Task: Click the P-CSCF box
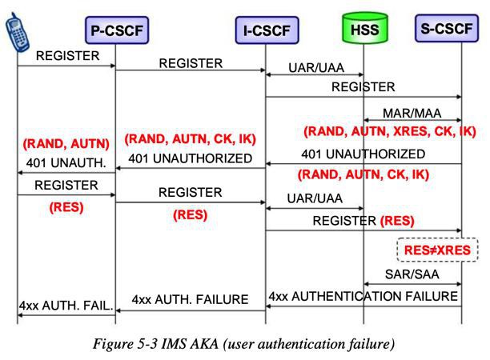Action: (x=117, y=30)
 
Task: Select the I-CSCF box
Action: (x=267, y=30)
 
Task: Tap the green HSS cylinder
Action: (x=364, y=28)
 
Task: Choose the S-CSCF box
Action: (x=447, y=28)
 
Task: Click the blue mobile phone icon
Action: (x=18, y=31)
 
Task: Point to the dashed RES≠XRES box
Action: (x=437, y=250)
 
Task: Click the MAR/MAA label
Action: (x=412, y=113)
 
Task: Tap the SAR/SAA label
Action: (x=412, y=274)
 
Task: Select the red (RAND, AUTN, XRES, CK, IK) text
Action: (x=390, y=131)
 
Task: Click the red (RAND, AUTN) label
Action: (x=66, y=144)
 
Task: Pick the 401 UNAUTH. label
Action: (x=66, y=162)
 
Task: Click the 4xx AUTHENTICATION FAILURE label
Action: (x=363, y=296)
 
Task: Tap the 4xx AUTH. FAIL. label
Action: (x=66, y=305)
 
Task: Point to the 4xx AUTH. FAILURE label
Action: (x=190, y=299)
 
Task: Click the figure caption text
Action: (x=243, y=344)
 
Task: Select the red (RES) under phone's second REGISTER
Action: (x=66, y=207)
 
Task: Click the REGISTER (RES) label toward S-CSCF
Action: (x=363, y=221)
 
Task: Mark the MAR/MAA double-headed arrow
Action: (x=412, y=120)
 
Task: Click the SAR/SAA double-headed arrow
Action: (x=412, y=284)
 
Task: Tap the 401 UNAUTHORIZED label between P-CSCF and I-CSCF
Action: (x=190, y=158)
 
